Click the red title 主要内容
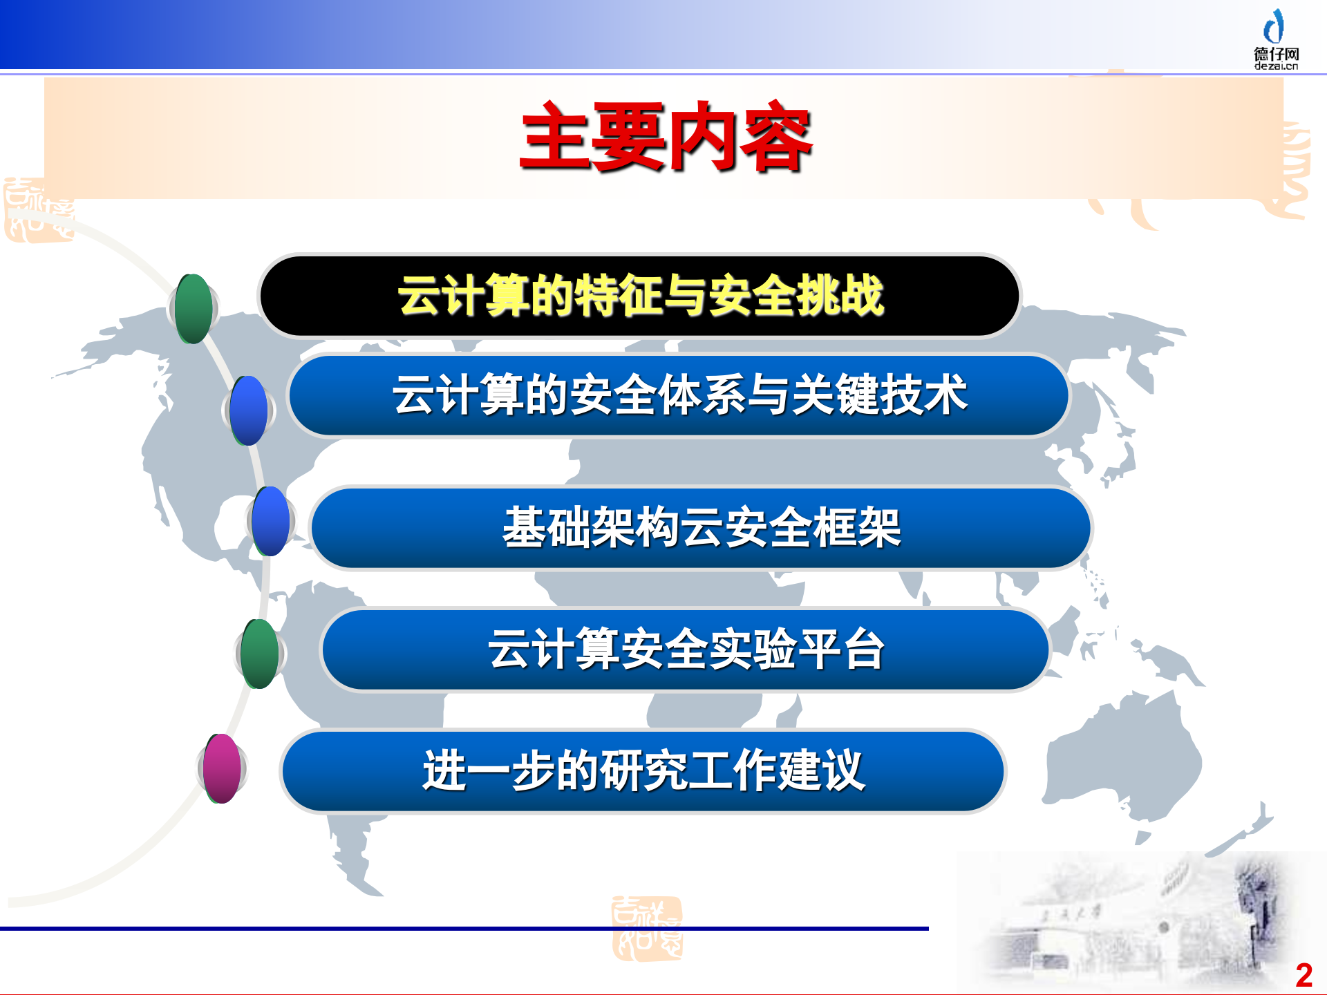point(666,137)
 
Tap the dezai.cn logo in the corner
point(1276,40)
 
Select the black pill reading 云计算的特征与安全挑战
point(639,296)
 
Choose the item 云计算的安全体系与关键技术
point(679,395)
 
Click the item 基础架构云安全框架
point(701,528)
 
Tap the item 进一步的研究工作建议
point(643,771)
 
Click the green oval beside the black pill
point(194,309)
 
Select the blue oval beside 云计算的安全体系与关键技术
point(249,410)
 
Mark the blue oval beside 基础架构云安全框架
point(271,521)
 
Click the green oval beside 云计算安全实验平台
point(260,654)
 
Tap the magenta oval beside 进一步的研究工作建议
point(222,768)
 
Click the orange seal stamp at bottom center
point(647,929)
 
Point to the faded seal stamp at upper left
point(38,210)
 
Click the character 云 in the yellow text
point(420,296)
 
